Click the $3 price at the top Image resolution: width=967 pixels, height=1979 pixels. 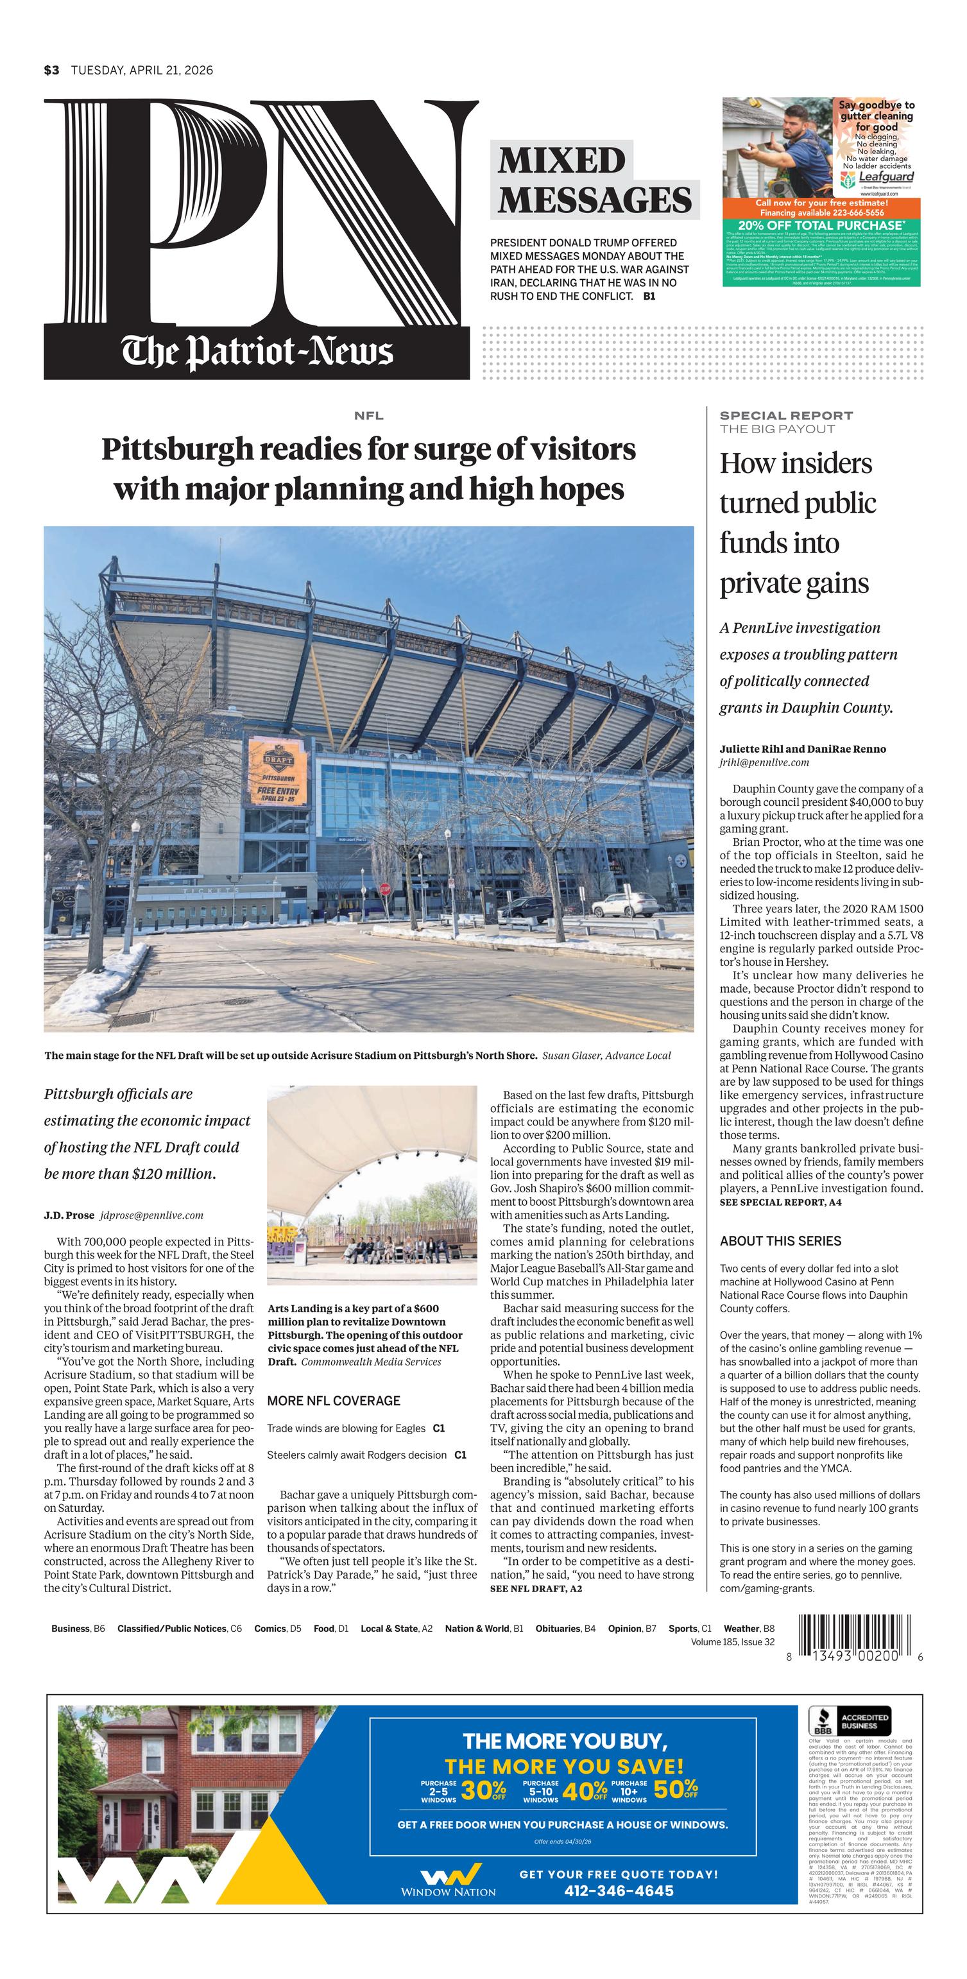pyautogui.click(x=51, y=71)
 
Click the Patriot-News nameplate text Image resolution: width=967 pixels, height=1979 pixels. pyautogui.click(x=257, y=353)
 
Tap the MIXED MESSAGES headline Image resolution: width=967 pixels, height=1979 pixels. pyautogui.click(x=594, y=180)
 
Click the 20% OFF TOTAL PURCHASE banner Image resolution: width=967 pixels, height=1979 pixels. pyautogui.click(x=822, y=225)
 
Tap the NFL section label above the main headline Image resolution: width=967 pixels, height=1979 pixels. pyautogui.click(x=369, y=416)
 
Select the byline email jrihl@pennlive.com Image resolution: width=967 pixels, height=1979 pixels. pyautogui.click(x=764, y=762)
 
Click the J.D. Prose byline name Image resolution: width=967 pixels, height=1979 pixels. pyautogui.click(x=69, y=1215)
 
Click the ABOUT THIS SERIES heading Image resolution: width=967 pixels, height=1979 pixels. pyautogui.click(x=780, y=1240)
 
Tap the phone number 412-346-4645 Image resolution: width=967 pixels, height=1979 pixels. pyautogui.click(x=619, y=1890)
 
